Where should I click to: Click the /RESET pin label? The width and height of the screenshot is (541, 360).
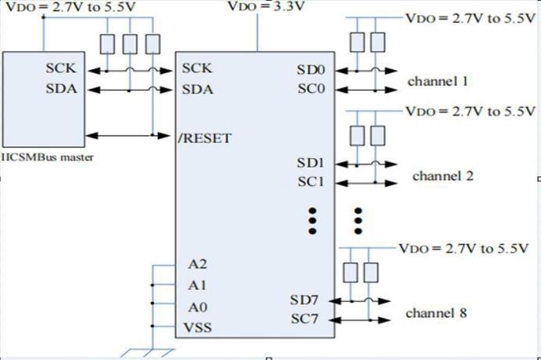pyautogui.click(x=204, y=138)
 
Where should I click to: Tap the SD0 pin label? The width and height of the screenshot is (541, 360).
pyautogui.click(x=311, y=70)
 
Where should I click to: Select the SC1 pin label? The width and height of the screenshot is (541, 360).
pyautogui.click(x=311, y=182)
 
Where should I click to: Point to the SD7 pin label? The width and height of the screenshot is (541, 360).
pyautogui.click(x=304, y=300)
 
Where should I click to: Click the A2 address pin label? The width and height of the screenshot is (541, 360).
pyautogui.click(x=197, y=264)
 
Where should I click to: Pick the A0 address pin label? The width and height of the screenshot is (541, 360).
pyautogui.click(x=197, y=307)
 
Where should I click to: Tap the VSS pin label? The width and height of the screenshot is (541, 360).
pyautogui.click(x=197, y=327)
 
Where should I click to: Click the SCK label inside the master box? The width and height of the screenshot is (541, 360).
pyautogui.click(x=61, y=68)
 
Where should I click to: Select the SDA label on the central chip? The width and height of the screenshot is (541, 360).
pyautogui.click(x=197, y=90)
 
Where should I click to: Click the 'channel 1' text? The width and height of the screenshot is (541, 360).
pyautogui.click(x=438, y=82)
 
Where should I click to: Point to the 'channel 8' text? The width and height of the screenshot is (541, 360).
pyautogui.click(x=436, y=313)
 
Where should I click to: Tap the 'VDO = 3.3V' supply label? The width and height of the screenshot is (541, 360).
pyautogui.click(x=266, y=6)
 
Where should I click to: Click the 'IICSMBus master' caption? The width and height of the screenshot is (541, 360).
pyautogui.click(x=47, y=157)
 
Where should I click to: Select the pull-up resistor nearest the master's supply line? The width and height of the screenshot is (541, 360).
pyautogui.click(x=107, y=44)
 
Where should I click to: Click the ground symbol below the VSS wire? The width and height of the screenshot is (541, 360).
pyautogui.click(x=148, y=353)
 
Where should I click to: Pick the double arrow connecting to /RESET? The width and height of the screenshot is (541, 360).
pyautogui.click(x=128, y=135)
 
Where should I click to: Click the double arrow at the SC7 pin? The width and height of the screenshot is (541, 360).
pyautogui.click(x=360, y=320)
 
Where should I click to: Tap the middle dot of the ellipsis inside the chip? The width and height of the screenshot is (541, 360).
pyautogui.click(x=312, y=221)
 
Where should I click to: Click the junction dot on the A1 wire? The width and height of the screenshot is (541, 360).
pyautogui.click(x=153, y=285)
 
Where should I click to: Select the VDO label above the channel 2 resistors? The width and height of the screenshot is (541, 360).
pyautogui.click(x=470, y=112)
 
